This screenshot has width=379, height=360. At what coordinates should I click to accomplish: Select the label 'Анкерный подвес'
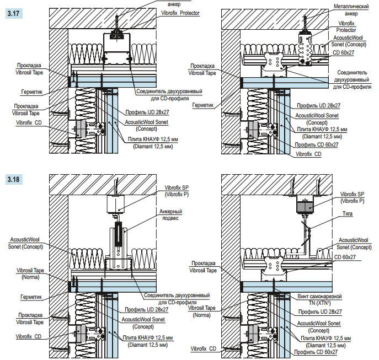[x=171, y=214]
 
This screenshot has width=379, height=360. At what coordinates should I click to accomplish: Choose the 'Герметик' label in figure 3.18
[x=31, y=297]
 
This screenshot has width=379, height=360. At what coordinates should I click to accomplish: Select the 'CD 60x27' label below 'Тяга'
[x=346, y=256]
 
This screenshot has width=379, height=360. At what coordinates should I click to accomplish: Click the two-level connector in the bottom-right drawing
[x=270, y=265]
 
